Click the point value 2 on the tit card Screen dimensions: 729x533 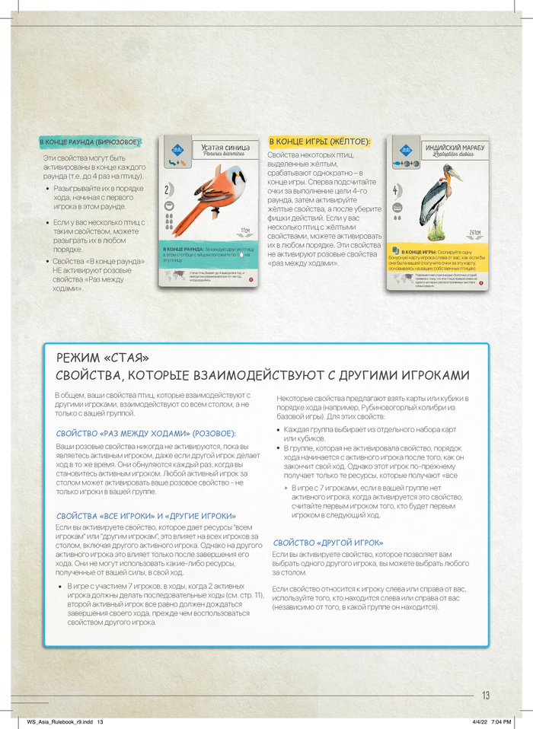click(x=167, y=189)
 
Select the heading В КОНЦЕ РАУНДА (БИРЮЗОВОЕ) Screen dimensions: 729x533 click(x=90, y=142)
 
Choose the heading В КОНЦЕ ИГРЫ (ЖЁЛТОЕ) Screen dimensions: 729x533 click(x=319, y=142)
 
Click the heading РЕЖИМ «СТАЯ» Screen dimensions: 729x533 click(x=103, y=358)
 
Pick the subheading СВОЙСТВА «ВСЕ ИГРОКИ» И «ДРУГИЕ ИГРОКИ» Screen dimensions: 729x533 click(x=145, y=515)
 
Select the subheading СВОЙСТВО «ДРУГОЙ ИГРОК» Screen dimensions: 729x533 click(x=327, y=543)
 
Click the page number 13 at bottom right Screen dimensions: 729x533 click(x=486, y=695)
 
